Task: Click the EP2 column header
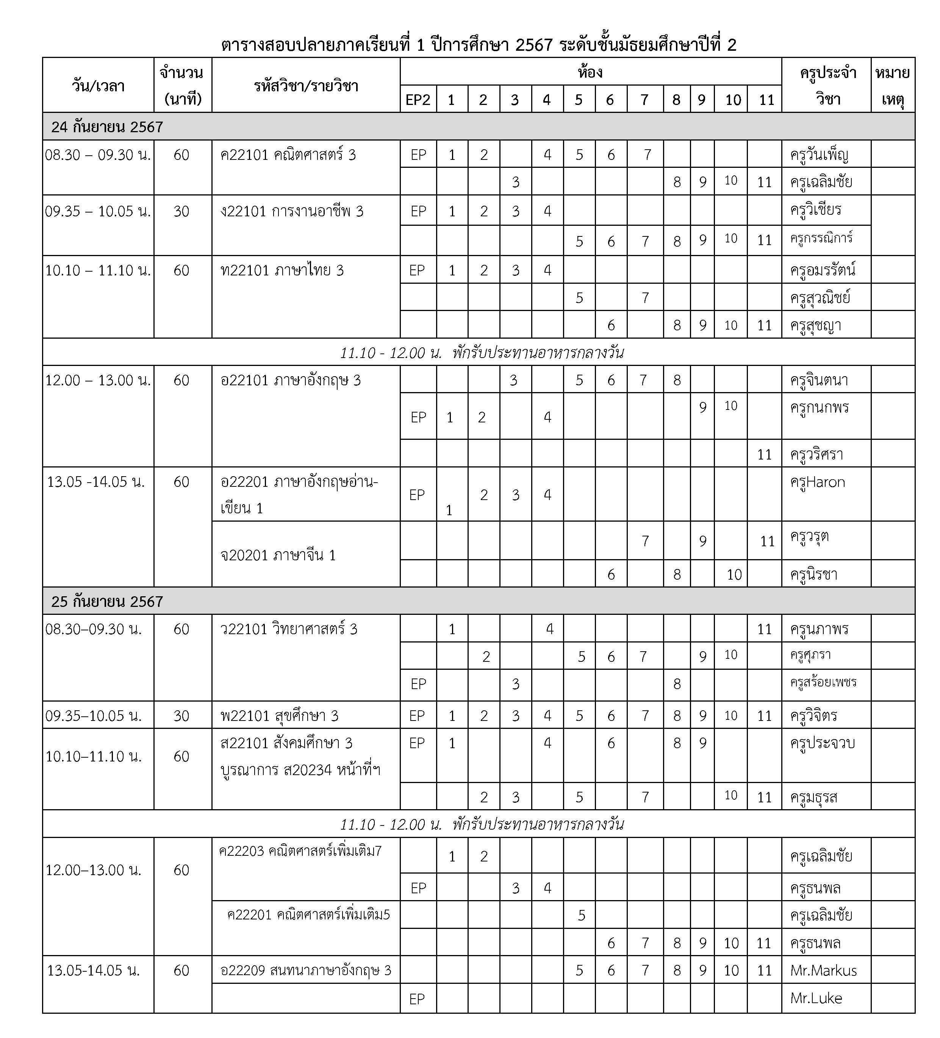coord(418,99)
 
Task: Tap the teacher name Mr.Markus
coord(823,971)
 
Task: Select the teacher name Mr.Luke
coord(816,998)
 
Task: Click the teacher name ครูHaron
coord(817,482)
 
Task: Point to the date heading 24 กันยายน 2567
coord(107,127)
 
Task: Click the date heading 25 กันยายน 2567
coord(107,601)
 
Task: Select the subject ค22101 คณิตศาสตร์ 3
coord(288,155)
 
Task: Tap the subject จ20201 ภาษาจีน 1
coord(278,555)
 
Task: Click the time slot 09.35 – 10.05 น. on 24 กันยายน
coord(98,211)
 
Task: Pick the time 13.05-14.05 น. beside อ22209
coord(93,971)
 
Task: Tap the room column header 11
coord(766,99)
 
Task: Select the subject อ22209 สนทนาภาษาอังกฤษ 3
coord(305,971)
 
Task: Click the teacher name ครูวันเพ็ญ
coord(819,155)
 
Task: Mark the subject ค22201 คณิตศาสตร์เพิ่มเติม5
coord(308,915)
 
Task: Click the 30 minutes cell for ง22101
coord(181,211)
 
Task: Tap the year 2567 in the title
coord(533,45)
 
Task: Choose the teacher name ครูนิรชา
coord(813,574)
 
